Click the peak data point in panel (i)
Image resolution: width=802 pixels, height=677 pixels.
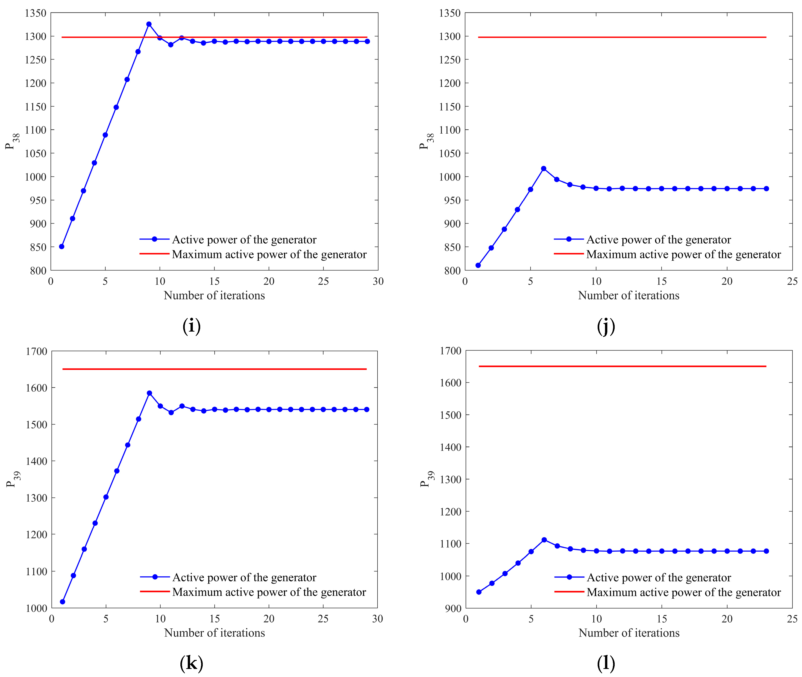(149, 24)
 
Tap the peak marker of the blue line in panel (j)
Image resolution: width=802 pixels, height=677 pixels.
(544, 168)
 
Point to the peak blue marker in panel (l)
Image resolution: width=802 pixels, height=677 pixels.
(544, 540)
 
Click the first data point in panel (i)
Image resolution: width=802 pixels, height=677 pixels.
(61, 246)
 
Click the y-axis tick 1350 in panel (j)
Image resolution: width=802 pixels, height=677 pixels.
(450, 13)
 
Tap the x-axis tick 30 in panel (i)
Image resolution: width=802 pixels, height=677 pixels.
(378, 281)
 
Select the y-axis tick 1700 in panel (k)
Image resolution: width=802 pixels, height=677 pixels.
(36, 351)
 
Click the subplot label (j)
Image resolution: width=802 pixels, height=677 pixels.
(606, 327)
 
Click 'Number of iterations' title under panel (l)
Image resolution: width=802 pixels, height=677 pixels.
(629, 633)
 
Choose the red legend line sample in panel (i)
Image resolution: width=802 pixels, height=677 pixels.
(154, 254)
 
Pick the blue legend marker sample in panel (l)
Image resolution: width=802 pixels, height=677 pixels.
(570, 577)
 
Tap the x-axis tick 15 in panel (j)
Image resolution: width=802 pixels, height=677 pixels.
(661, 281)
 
